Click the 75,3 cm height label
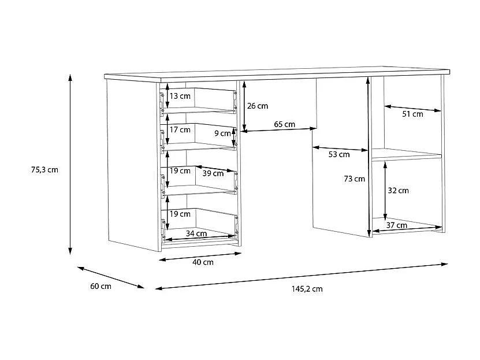[x=45, y=170]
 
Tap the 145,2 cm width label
[x=308, y=289]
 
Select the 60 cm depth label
[x=102, y=287]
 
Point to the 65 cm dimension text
[x=284, y=124]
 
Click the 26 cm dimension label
[x=258, y=106]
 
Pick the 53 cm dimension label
[x=339, y=154]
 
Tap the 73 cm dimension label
[x=354, y=179]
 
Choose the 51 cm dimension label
[x=412, y=114]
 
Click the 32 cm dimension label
[x=399, y=190]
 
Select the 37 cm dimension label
[x=397, y=225]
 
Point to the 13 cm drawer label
[x=180, y=95]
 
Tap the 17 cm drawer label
[x=180, y=129]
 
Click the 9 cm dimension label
[x=222, y=133]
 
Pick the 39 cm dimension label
[x=213, y=173]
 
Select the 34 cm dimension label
[x=196, y=233]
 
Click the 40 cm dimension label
[x=203, y=262]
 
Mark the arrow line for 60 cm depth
[x=110, y=277]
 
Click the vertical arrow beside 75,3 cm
[x=70, y=164]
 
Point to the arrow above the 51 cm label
[x=412, y=108]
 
